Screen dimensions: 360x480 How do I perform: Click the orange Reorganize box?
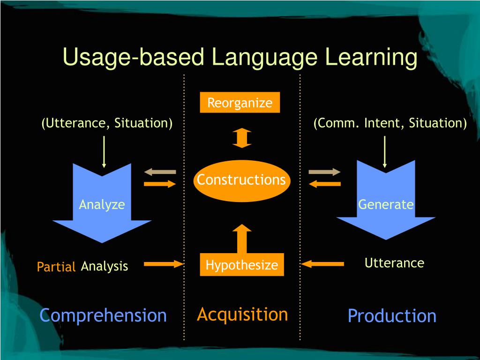240,103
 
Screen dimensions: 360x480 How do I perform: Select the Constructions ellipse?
241,180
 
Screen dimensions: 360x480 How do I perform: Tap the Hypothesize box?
241,265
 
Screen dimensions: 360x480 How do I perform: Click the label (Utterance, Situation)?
107,123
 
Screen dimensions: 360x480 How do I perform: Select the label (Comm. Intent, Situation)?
390,123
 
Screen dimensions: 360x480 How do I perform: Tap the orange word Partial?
56,267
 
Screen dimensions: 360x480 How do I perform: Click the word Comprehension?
103,315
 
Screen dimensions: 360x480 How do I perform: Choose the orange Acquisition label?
242,314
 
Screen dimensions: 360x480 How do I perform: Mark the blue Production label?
392,315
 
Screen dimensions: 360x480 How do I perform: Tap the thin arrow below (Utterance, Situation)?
104,151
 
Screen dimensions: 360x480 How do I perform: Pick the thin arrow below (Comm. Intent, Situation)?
385,151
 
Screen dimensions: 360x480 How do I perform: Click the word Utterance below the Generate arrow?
394,263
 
